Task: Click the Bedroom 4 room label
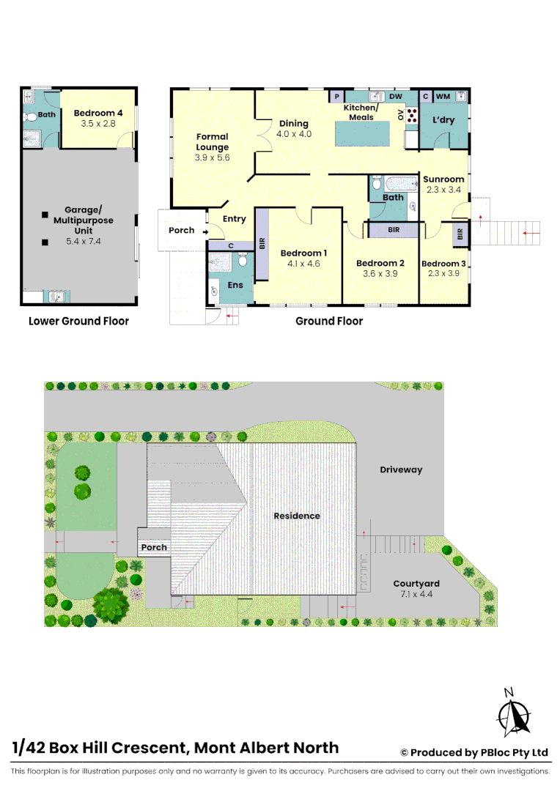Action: tap(98, 114)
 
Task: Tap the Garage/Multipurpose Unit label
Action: tap(83, 220)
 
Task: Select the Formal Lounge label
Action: tap(212, 141)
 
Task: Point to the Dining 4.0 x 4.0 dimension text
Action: tap(294, 134)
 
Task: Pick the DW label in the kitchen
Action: tap(396, 97)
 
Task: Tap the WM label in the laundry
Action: tap(443, 97)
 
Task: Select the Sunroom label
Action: tap(443, 179)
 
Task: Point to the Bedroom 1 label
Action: tap(303, 253)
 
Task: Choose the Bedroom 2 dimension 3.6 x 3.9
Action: tap(380, 274)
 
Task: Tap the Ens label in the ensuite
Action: tap(235, 284)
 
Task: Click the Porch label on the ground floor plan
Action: tap(182, 230)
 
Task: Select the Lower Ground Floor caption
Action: tap(78, 321)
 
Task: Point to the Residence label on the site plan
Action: tap(297, 516)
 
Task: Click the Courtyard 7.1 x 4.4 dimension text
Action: tap(416, 594)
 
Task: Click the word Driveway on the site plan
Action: tap(401, 469)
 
